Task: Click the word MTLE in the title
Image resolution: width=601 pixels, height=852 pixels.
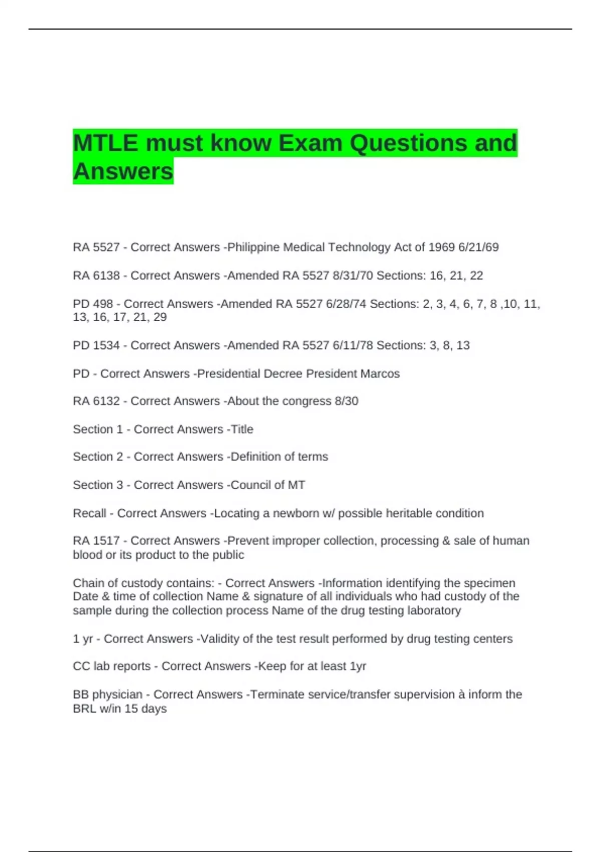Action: click(105, 143)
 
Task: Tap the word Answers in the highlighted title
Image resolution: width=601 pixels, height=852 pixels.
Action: click(123, 171)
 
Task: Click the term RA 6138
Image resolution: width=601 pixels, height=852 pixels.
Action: click(96, 276)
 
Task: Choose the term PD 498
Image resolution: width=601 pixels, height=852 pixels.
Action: click(93, 304)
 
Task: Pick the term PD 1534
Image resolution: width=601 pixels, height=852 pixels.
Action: click(96, 346)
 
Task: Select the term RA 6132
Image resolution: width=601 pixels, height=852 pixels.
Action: click(96, 401)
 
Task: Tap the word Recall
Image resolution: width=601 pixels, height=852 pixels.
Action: click(89, 514)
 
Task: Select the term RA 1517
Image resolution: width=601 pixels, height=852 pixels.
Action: click(96, 541)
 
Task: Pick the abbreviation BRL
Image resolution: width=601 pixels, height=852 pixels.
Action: click(84, 709)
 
